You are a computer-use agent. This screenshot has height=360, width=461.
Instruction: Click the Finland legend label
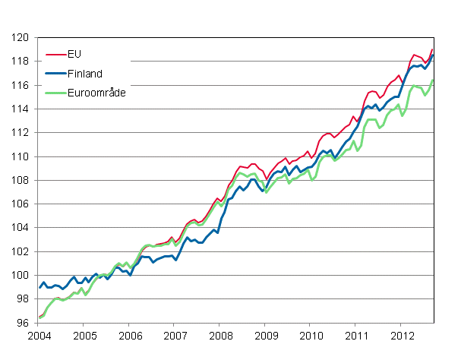pos(84,73)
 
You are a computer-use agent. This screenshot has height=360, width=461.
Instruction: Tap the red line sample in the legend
pos(55,54)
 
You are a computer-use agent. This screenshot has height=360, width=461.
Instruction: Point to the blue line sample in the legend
pos(55,73)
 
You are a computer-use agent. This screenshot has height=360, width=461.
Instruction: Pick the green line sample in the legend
pos(55,91)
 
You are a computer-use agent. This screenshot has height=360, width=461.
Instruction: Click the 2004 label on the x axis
pos(39,336)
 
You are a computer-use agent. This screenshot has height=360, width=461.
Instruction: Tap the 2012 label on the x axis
pos(402,336)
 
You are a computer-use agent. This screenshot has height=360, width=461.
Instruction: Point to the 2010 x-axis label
pos(311,336)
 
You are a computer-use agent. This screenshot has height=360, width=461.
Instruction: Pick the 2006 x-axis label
pos(130,336)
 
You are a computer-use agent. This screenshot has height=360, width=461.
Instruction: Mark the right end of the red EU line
pos(432,49)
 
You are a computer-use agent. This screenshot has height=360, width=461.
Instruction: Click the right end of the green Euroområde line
pos(432,81)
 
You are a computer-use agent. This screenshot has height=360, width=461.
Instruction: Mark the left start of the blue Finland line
pos(39,287)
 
